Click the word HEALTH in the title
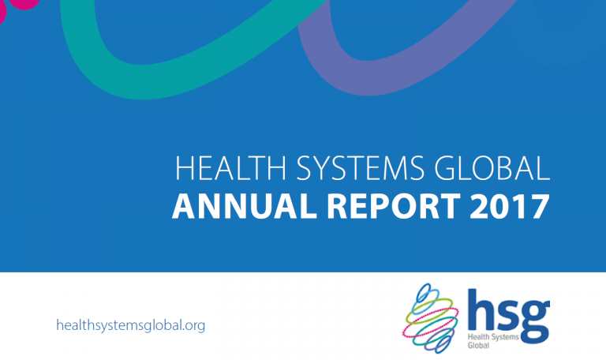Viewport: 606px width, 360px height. tap(230, 168)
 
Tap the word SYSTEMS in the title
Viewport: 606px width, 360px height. tap(360, 168)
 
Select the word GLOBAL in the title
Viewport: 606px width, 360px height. tap(492, 168)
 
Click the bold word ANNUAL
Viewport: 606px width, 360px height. tap(245, 207)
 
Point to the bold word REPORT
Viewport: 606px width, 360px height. tap(394, 207)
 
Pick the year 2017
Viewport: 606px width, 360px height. tap(510, 207)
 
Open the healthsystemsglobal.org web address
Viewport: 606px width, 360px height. tap(131, 325)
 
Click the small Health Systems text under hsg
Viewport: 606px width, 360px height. tap(493, 337)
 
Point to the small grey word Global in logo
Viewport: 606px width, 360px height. tap(478, 345)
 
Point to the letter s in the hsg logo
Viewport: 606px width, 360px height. tap(505, 315)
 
